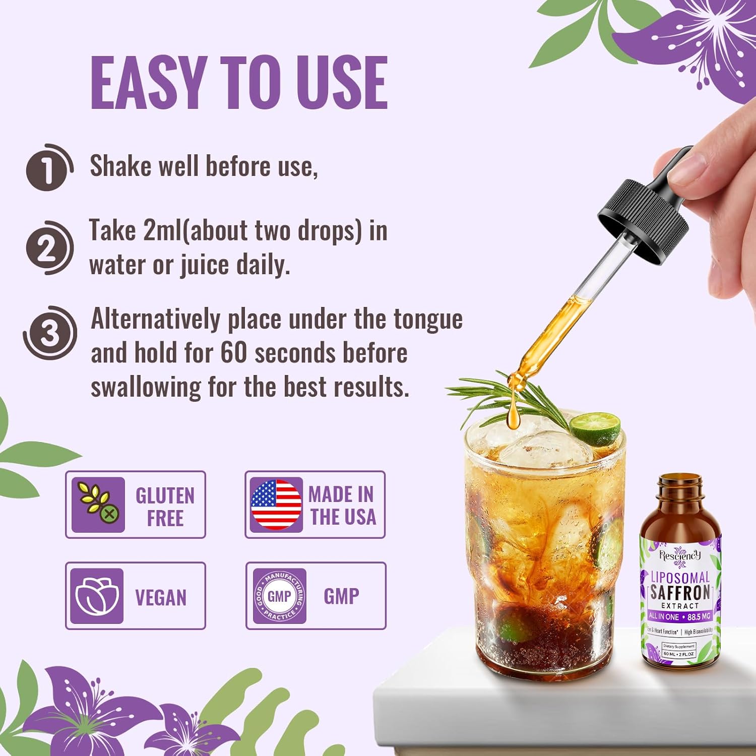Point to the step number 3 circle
click(x=49, y=334)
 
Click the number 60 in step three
click(x=233, y=353)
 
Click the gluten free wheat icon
click(x=98, y=505)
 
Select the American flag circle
click(x=276, y=505)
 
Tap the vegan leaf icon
click(x=97, y=596)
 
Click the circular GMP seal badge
click(x=279, y=596)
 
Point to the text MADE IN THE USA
click(x=342, y=506)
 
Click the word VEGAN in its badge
click(x=161, y=598)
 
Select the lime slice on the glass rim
click(x=596, y=428)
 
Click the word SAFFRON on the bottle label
click(x=680, y=592)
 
